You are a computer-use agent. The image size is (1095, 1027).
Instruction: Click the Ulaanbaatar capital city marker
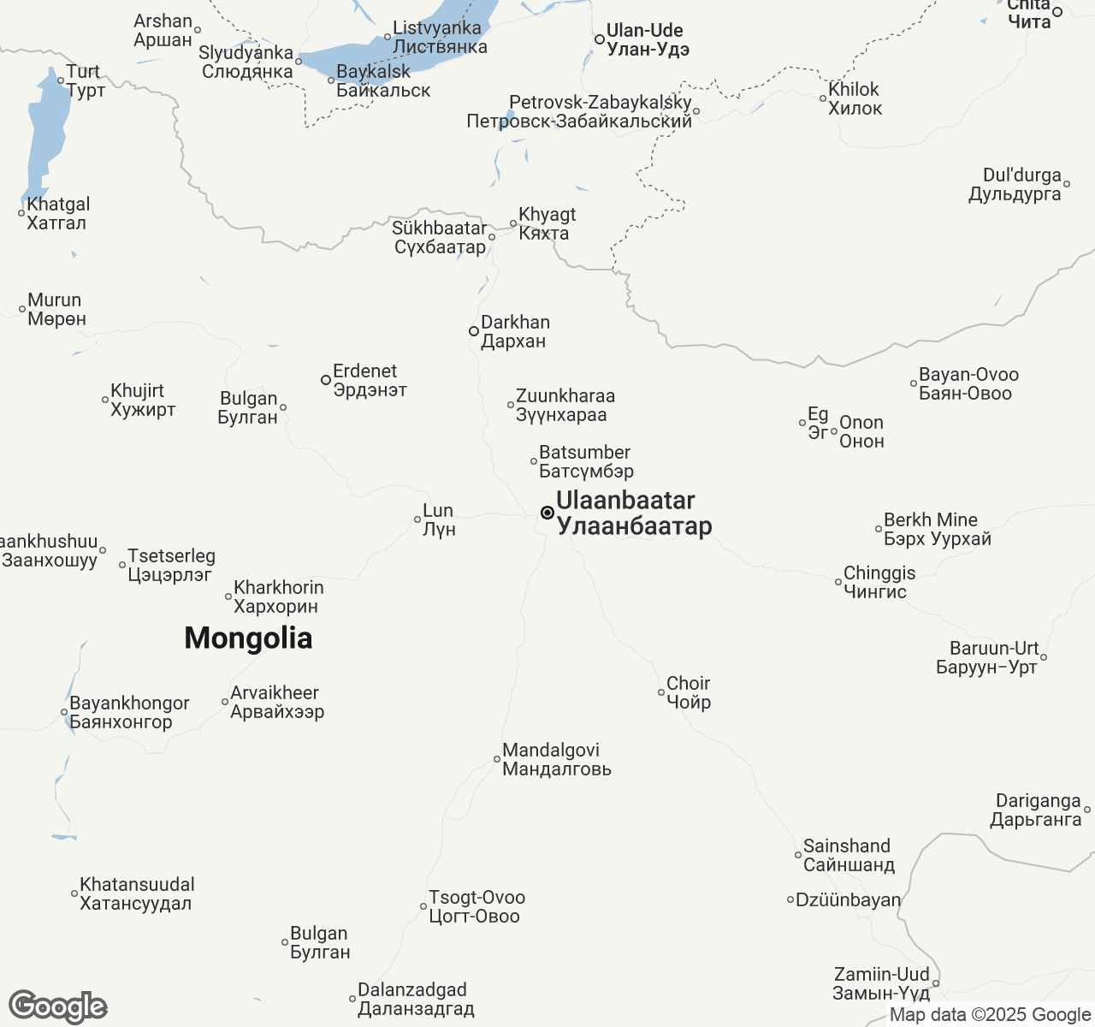coord(547,513)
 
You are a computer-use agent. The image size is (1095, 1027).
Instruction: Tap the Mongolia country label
coord(248,638)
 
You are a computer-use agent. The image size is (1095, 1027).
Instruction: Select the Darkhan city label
coord(515,332)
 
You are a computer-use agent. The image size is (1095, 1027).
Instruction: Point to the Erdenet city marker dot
coord(326,380)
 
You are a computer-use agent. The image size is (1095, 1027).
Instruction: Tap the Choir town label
coord(689,692)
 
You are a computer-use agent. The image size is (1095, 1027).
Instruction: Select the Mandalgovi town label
coord(556,759)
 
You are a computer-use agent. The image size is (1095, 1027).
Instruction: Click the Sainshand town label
coord(848,855)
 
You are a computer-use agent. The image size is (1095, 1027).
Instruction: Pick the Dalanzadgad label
coord(415,999)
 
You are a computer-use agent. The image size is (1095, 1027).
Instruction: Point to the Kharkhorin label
coord(278,597)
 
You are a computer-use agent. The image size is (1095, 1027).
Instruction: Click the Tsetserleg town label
coord(171,565)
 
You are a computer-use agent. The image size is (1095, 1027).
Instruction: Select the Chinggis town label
coord(878,582)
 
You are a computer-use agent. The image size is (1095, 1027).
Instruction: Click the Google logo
coord(58,1006)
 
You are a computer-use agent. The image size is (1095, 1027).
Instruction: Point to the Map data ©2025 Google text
coord(990,1015)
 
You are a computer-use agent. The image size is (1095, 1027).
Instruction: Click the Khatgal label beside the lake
coord(57,213)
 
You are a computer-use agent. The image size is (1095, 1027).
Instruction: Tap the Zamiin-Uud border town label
coord(881,983)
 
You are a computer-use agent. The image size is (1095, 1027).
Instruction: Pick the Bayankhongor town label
coord(128,712)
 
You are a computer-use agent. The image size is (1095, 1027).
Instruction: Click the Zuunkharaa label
coord(564,405)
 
